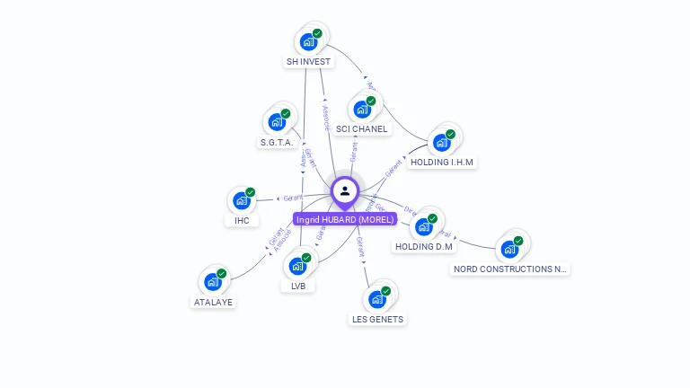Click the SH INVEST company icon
coord(308,41)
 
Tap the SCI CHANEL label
coord(362,128)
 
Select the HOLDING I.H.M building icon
coord(440,143)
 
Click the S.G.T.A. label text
coord(277,143)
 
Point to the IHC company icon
coord(241,201)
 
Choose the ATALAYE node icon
coord(212,282)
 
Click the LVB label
coord(297,287)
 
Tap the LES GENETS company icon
coord(376,299)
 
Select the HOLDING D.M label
coord(424,246)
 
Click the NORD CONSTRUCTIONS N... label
coord(510,269)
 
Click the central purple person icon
coord(345,191)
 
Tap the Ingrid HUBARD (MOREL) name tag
coord(345,219)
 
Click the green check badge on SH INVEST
coord(317,33)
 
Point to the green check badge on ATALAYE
coord(221,274)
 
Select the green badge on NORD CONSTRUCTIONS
coord(518,241)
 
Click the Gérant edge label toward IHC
coord(291,198)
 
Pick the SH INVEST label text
coord(308,62)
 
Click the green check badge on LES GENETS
coord(385,291)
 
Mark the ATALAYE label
coord(213,303)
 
